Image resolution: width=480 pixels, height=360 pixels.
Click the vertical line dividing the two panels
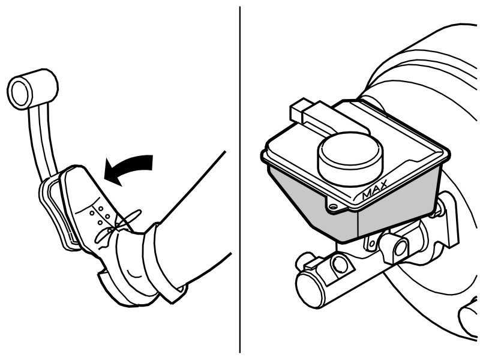pyautogui.click(x=240, y=180)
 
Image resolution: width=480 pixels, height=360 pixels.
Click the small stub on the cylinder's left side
pyautogui.click(x=304, y=261)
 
